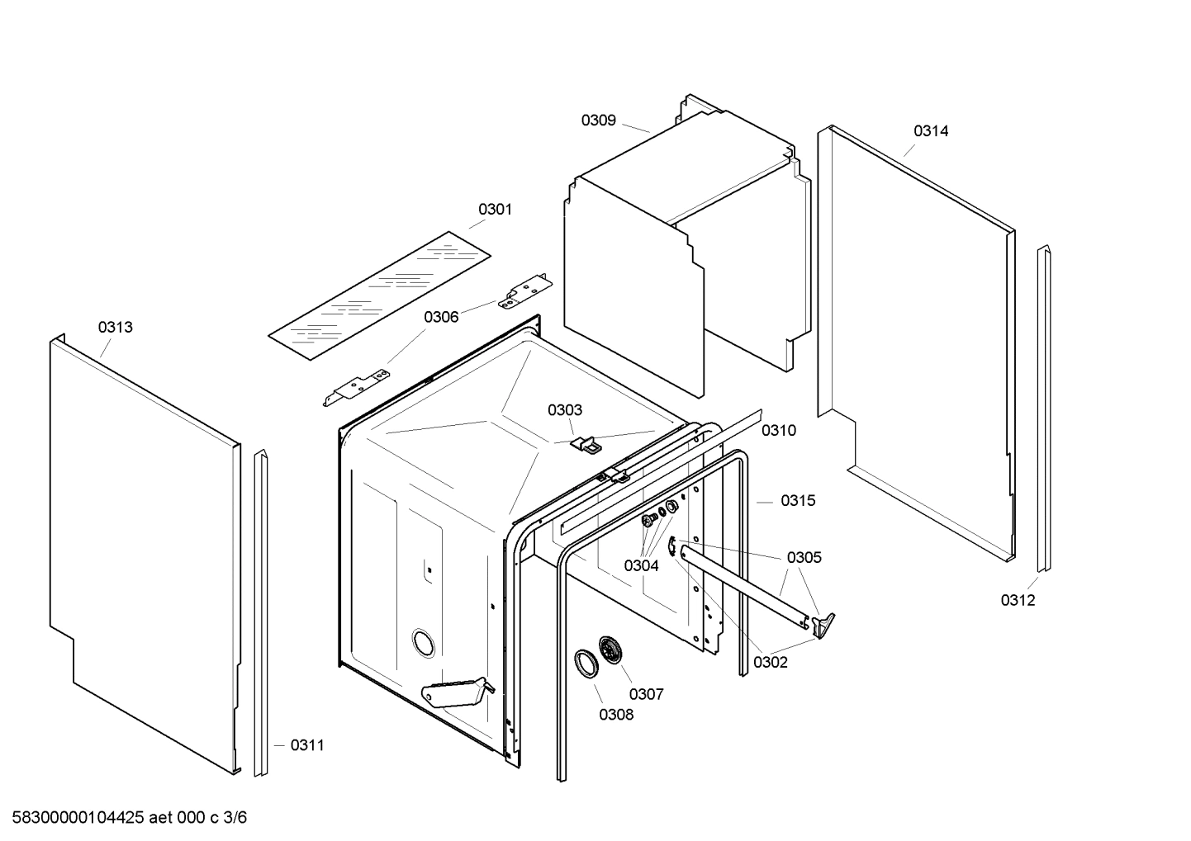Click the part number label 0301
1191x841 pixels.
(495, 210)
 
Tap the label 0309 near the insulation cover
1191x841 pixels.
(598, 120)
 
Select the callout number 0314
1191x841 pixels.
(931, 131)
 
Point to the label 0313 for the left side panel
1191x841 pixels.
(116, 328)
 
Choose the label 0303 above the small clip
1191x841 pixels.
(565, 410)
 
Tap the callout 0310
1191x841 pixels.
(779, 431)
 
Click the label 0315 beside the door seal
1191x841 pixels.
(798, 501)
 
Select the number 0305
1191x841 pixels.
(804, 558)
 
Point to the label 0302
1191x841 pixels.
(770, 662)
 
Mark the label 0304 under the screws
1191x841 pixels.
(641, 566)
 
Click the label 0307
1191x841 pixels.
(646, 695)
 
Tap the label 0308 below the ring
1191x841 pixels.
(616, 715)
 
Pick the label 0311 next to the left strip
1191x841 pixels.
(306, 746)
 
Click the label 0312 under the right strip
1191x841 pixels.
(1018, 601)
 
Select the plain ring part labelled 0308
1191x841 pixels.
(586, 663)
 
